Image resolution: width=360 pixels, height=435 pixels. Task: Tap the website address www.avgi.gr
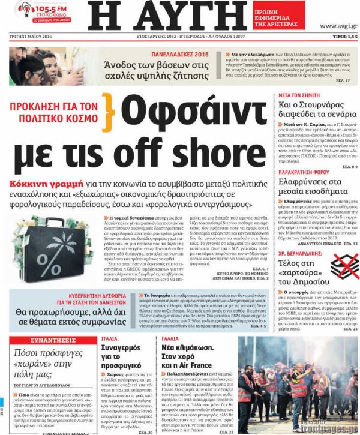click(x=338, y=26)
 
